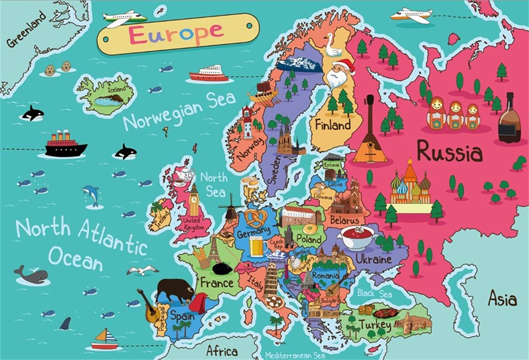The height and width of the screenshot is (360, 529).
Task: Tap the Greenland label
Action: pos(27,29)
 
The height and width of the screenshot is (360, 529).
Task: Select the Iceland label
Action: pos(116,89)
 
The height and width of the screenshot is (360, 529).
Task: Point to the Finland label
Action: pos(332,125)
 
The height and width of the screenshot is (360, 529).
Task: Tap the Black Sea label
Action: pos(375,294)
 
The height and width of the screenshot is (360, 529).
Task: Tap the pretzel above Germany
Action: pos(256,217)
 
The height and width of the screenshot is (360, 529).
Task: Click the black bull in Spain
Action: pos(174,291)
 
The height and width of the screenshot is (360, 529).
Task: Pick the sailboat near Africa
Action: pos(104,339)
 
